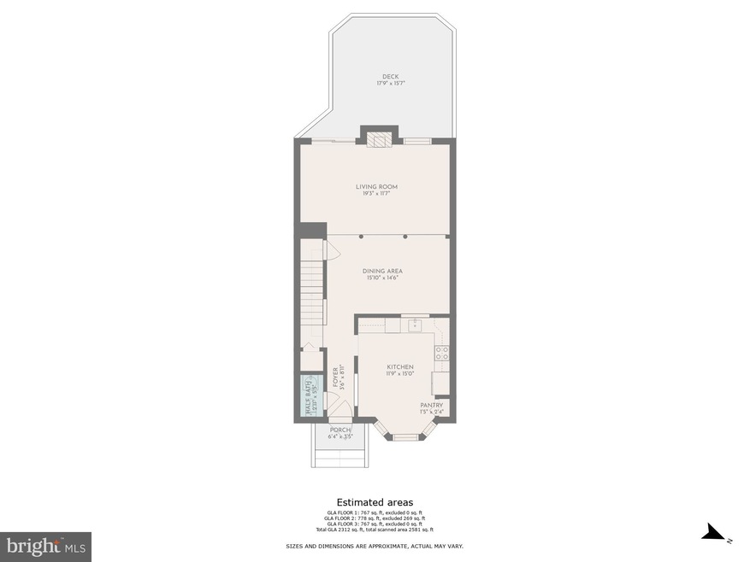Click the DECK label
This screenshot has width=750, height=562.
click(390, 77)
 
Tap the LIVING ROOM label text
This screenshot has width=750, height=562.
click(376, 187)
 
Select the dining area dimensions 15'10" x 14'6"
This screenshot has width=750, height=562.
click(382, 278)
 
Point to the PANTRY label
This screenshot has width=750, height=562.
click(431, 406)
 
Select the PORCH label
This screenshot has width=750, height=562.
click(340, 430)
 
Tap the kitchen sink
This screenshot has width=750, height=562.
click(415, 325)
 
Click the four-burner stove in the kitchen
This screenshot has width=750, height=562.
click(442, 353)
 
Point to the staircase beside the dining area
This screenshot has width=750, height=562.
click(313, 290)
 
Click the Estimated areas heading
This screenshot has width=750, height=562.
click(375, 502)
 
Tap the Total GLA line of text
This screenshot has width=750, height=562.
click(375, 530)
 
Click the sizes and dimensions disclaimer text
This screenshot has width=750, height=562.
click(375, 546)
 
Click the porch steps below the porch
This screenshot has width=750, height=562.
click(340, 459)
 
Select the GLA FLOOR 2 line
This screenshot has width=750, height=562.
click(375, 518)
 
